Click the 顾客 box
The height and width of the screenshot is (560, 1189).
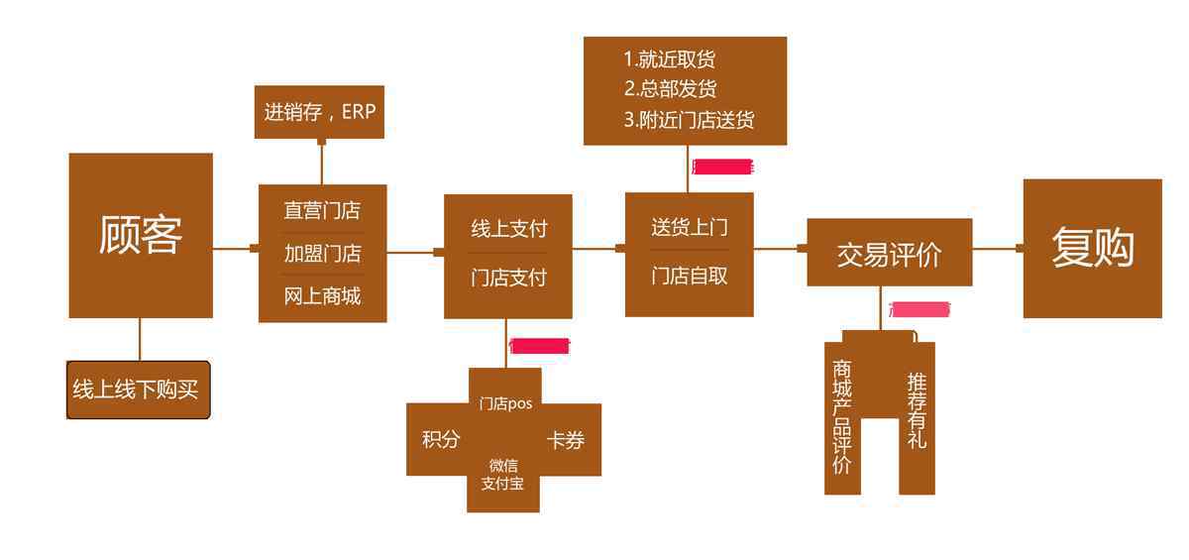coord(140,235)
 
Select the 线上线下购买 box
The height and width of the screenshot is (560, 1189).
coord(138,390)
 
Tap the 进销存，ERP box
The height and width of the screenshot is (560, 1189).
coord(319,112)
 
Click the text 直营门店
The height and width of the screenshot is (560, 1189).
coord(322,210)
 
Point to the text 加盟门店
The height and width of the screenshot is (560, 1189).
coord(322,253)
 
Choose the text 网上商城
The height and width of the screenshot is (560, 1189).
coord(322,295)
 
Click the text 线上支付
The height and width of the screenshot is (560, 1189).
coord(508,229)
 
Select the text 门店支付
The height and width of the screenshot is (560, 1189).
coord(508,278)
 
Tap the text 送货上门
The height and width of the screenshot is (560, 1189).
coord(689,227)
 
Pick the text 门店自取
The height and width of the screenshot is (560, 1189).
coord(689,276)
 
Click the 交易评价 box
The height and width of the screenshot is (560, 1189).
coord(889,254)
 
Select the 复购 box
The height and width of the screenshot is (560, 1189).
coord(1092,248)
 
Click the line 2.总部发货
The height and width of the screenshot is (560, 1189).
coord(670,88)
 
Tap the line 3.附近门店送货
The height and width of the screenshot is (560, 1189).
coord(689,120)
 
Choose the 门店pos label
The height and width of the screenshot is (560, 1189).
coord(505,403)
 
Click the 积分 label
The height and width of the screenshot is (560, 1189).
coord(441,439)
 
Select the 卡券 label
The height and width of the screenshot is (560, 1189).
coord(566,440)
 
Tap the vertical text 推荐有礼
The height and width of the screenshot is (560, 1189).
coord(917,409)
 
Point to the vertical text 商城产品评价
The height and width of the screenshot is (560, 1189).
coord(842,416)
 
